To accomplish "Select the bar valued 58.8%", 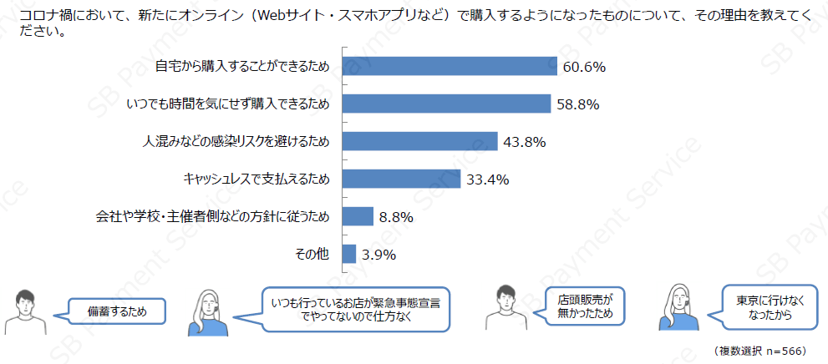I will click(446, 104).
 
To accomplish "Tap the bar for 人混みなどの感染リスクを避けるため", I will click(419, 142).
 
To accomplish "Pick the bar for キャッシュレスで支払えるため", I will click(401, 179).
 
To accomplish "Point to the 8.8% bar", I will click(357, 216).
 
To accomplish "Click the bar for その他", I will click(348, 254).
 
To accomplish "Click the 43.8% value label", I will click(524, 142).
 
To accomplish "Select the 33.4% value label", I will click(487, 179).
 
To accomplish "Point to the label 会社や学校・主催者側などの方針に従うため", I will click(213, 217).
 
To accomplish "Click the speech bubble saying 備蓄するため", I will click(116, 312).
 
